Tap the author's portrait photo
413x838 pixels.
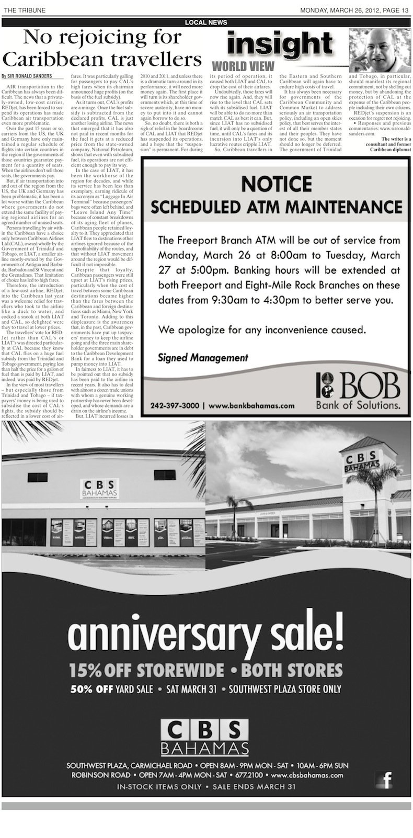pos(380,51)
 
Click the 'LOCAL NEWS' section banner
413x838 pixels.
pos(206,22)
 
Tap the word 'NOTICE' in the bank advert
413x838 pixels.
pos(277,184)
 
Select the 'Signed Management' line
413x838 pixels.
pos(203,358)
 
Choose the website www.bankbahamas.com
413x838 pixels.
pos(251,405)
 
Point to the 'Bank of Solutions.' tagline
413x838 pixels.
pos(358,405)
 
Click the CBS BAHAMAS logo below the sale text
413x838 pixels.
pos(204,735)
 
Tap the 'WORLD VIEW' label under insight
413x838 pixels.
pos(243,66)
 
